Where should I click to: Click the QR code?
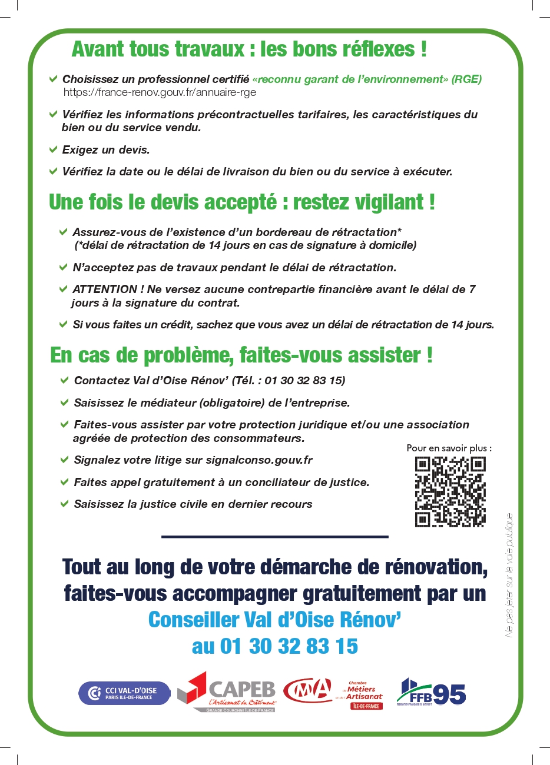pyautogui.click(x=450, y=491)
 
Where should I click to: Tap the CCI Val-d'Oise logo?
pyautogui.click(x=124, y=693)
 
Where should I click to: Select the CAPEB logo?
pyautogui.click(x=227, y=692)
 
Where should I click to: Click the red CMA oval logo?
pyautogui.click(x=308, y=691)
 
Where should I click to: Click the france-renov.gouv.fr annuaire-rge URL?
pyautogui.click(x=160, y=92)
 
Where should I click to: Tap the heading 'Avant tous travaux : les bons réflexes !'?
pyautogui.click(x=249, y=49)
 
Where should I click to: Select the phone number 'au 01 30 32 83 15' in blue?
pyautogui.click(x=275, y=646)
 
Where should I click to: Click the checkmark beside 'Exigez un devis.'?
pyautogui.click(x=54, y=149)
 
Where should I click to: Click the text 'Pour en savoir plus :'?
pyautogui.click(x=449, y=448)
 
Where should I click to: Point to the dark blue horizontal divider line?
pyautogui.click(x=275, y=537)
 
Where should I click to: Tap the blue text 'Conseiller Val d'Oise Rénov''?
pyautogui.click(x=275, y=620)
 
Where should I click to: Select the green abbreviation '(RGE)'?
pyautogui.click(x=466, y=79)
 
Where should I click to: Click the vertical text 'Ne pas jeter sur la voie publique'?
pyautogui.click(x=509, y=576)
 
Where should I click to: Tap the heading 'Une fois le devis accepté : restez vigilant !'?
pyautogui.click(x=242, y=202)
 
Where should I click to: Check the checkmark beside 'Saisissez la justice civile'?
pyautogui.click(x=64, y=504)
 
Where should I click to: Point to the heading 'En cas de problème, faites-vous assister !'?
pyautogui.click(x=241, y=355)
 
